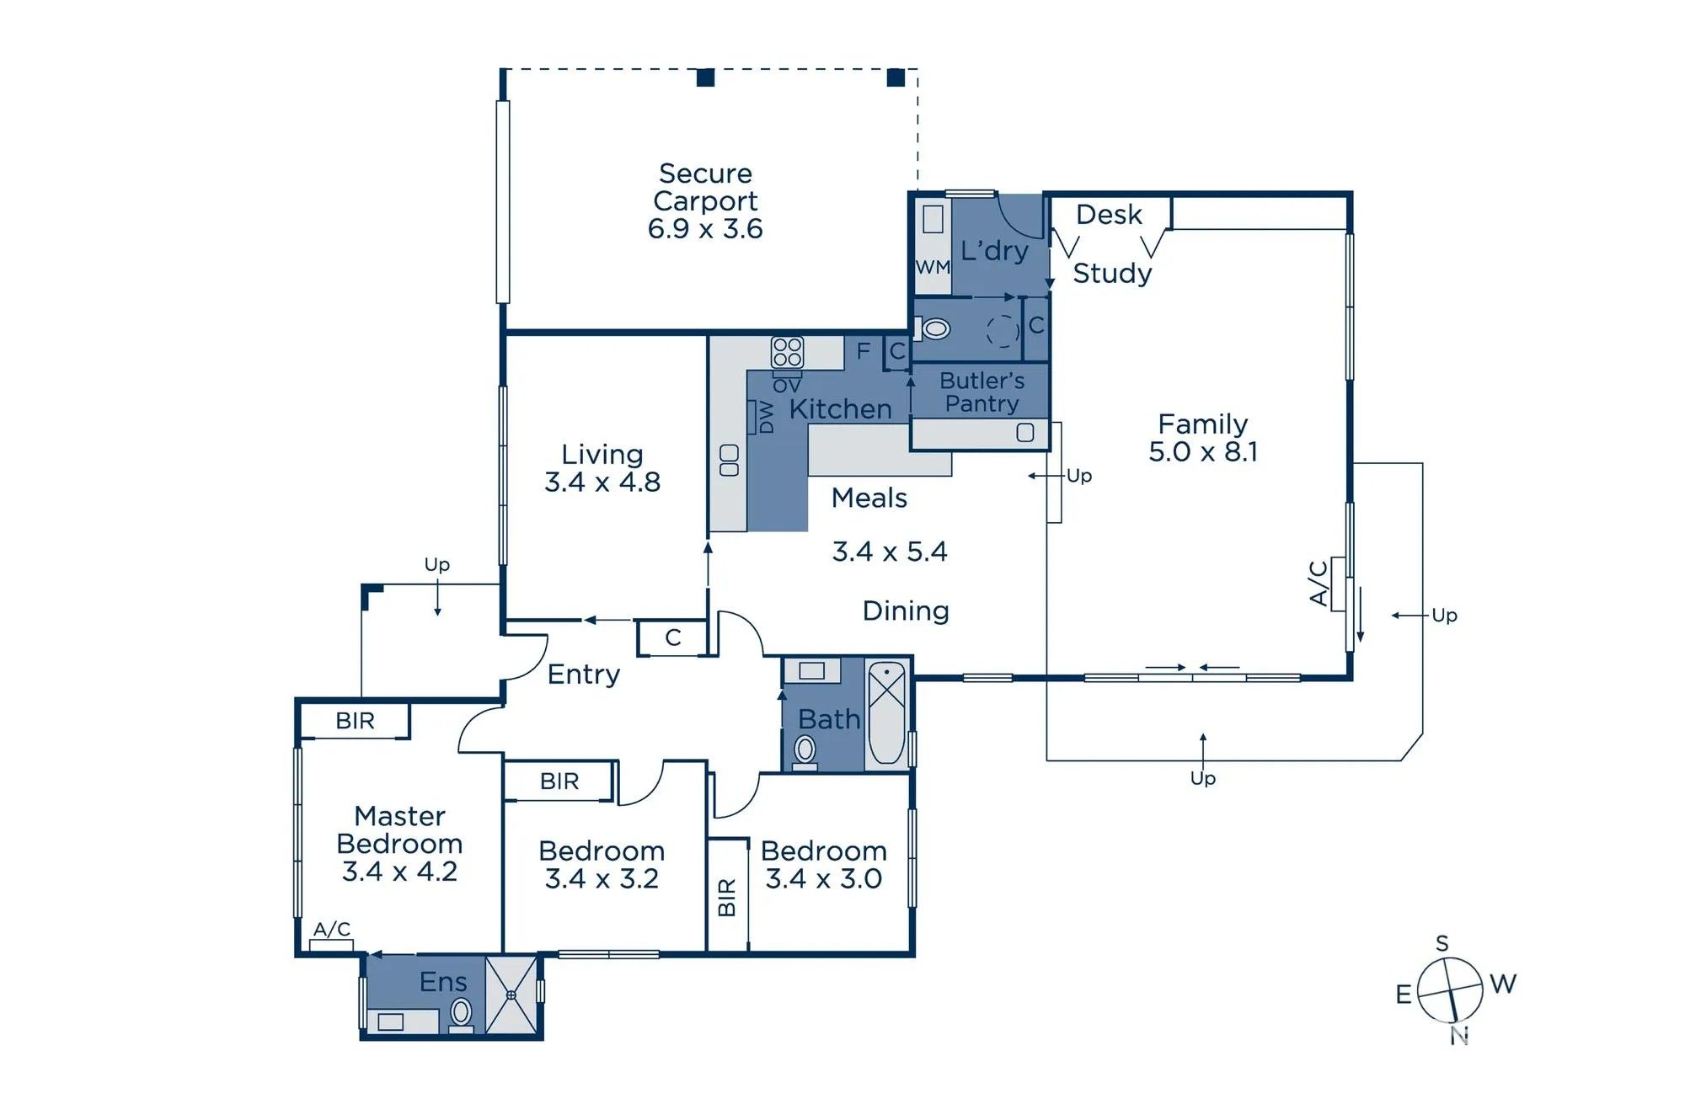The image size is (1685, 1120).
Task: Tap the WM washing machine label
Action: [x=933, y=267]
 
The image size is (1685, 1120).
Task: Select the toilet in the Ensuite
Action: [x=461, y=1014]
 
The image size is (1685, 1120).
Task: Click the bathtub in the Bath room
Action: [x=886, y=712]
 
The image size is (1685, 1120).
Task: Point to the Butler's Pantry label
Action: [x=982, y=392]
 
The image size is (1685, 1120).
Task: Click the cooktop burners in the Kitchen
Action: [x=787, y=352]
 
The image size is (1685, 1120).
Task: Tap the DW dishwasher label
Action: [x=766, y=417]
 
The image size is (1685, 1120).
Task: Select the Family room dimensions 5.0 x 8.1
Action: [x=1203, y=451]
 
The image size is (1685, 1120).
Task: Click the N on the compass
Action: [x=1459, y=1036]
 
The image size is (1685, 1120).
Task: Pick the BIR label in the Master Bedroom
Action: [x=355, y=721]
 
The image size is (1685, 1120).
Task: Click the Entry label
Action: [x=583, y=674]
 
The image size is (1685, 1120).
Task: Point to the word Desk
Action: [x=1109, y=215]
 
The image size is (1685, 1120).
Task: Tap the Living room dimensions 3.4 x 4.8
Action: [x=602, y=482]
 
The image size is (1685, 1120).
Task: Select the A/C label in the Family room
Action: [x=1319, y=582]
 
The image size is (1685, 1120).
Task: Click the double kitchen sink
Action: [x=730, y=460]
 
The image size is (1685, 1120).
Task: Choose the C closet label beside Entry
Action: [x=672, y=637]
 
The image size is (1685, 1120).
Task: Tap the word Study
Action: [x=1112, y=273]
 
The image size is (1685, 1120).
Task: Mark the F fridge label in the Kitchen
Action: [x=864, y=351]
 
